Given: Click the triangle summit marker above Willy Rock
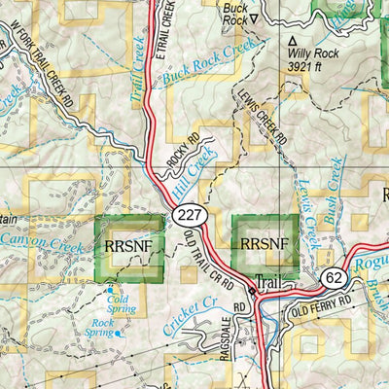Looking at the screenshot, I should click(x=292, y=41).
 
